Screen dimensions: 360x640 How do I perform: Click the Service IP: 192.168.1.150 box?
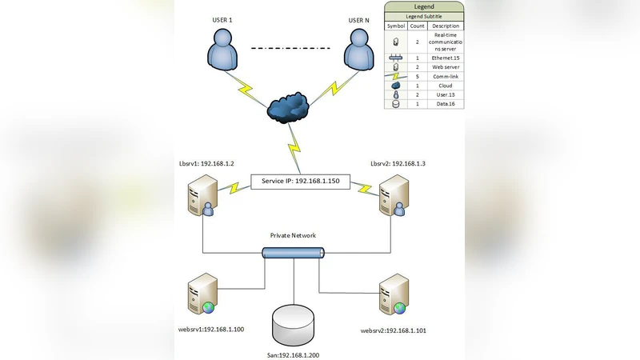301,182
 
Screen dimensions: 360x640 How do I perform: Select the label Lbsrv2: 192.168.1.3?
398,163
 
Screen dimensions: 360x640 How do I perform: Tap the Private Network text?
293,236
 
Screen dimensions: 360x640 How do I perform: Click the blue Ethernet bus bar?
294,254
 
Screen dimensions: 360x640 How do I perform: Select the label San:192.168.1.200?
294,353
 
